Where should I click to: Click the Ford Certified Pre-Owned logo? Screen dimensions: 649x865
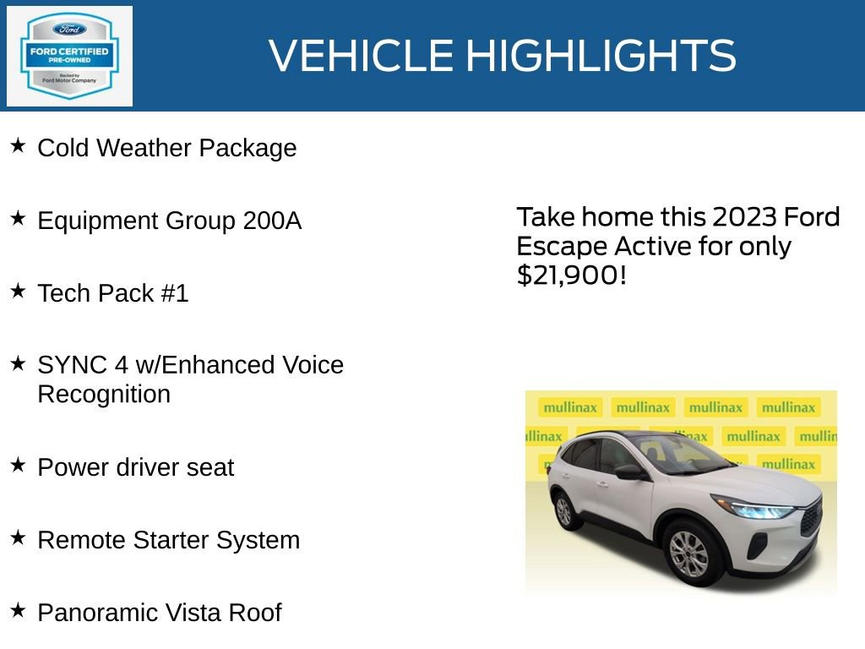click(x=69, y=56)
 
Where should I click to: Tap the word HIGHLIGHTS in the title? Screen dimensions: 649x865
click(x=601, y=56)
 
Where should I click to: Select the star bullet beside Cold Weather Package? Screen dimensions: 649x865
click(x=19, y=146)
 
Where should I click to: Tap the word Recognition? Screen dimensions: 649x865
click(x=104, y=395)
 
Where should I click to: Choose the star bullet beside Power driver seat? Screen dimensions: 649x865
click(x=19, y=466)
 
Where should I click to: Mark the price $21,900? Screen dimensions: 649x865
click(x=572, y=275)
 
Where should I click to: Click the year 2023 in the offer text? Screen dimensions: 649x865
click(x=744, y=218)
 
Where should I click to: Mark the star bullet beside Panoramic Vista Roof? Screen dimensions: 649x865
click(x=19, y=610)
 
